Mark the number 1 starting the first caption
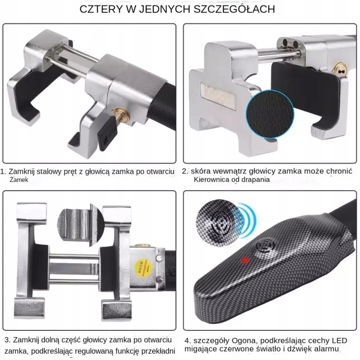tap(4, 171)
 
